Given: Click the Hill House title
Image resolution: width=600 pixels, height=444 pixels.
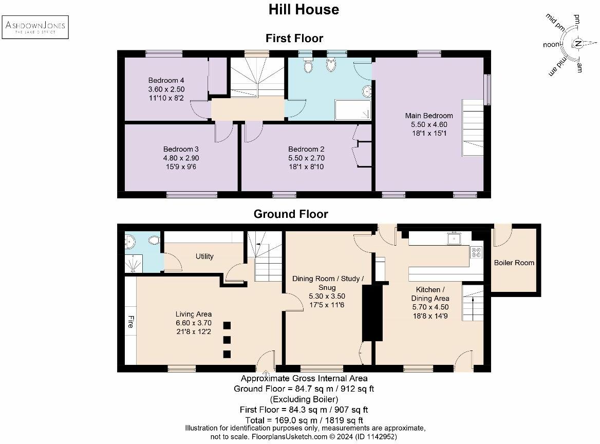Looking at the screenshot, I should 304,9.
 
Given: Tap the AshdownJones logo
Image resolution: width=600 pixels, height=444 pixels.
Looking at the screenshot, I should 35,27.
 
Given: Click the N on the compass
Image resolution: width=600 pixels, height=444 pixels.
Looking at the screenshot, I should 578,44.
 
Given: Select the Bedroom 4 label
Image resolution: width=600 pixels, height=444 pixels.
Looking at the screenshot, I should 166,80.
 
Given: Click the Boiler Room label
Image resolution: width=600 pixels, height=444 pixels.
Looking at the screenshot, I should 514,263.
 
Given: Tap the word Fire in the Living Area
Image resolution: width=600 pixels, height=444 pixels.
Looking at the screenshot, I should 130,322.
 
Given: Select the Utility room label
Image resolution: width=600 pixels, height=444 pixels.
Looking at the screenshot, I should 204,256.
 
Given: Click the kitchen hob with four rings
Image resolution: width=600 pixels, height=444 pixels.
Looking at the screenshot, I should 476,253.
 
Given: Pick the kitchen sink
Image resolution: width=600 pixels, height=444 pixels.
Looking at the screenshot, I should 454,238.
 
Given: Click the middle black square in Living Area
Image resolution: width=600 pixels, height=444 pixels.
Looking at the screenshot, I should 227,339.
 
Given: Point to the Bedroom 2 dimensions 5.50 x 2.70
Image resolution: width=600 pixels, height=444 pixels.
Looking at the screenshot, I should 306,158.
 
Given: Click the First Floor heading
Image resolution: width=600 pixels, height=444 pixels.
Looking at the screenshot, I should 294,38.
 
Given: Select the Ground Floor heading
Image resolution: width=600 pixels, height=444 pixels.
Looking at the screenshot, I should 291,214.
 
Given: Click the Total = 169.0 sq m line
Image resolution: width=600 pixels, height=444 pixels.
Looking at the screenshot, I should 304,420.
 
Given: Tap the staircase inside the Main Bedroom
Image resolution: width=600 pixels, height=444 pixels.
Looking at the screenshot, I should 473,127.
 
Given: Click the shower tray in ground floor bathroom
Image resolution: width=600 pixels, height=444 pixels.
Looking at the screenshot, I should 135,264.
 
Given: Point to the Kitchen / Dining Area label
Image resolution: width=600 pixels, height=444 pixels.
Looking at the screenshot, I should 430,294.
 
